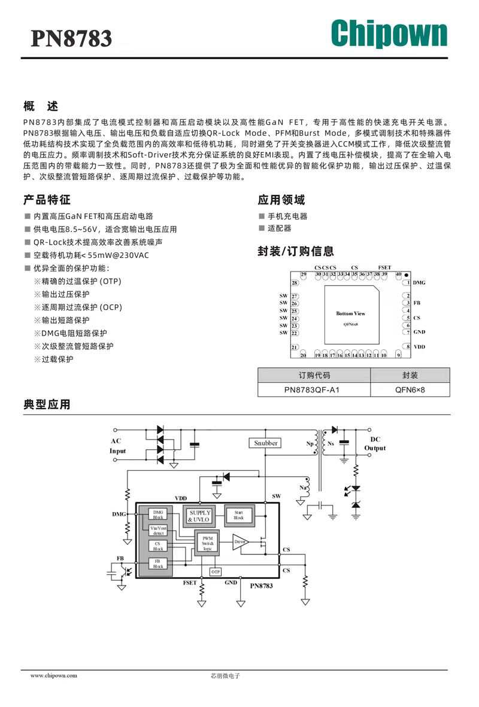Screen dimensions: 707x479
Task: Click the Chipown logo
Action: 389,33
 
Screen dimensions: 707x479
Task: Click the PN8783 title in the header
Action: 71,38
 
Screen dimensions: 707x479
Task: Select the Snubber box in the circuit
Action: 266,443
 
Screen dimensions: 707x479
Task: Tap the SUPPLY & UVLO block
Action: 200,516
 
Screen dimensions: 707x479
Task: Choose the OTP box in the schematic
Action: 216,572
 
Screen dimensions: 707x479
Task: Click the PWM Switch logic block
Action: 207,543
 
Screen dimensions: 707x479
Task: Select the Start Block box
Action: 239,515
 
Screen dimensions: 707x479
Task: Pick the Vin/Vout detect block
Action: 158,530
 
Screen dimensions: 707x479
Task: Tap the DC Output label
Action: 375,444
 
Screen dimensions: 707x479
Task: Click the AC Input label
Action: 118,446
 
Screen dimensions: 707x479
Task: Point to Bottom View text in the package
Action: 350,313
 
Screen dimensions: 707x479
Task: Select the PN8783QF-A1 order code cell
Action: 314,390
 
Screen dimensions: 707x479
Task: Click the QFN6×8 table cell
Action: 410,390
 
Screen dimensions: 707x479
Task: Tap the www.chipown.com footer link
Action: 54,675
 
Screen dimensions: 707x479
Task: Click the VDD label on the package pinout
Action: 419,347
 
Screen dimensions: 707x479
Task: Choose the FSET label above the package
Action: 384,267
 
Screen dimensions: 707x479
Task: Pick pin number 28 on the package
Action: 295,283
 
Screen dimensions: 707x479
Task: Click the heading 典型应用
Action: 47,405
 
